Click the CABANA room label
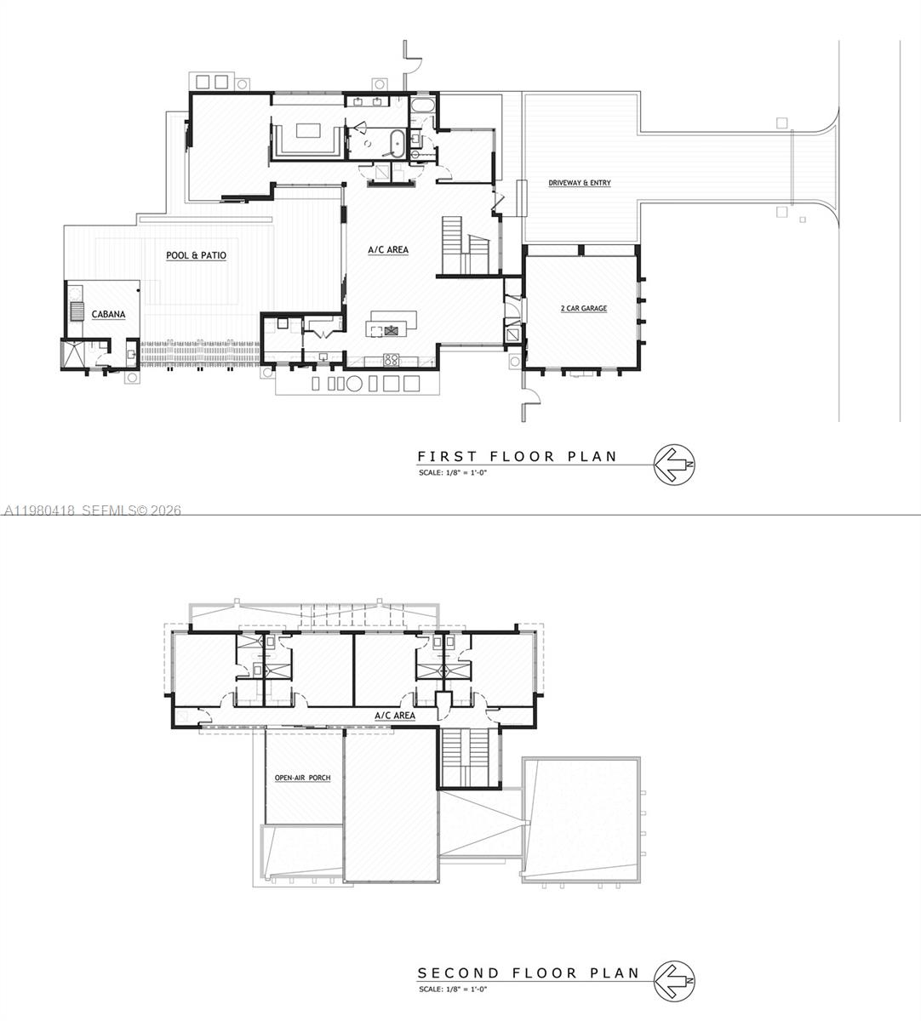tap(108, 315)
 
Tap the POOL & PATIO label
tap(196, 255)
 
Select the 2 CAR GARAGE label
tap(584, 308)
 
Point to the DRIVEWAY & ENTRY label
tap(579, 183)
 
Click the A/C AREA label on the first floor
tap(388, 250)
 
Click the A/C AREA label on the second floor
tap(395, 716)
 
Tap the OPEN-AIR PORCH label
tap(302, 778)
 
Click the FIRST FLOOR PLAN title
tap(517, 457)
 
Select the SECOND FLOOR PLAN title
tap(528, 973)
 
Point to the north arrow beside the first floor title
tap(675, 465)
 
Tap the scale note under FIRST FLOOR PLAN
tap(452, 472)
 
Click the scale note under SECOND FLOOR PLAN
tap(452, 989)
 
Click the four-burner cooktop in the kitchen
tap(392, 359)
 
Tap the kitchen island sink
tap(392, 328)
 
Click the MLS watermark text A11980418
tap(39, 510)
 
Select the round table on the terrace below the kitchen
tap(354, 384)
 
